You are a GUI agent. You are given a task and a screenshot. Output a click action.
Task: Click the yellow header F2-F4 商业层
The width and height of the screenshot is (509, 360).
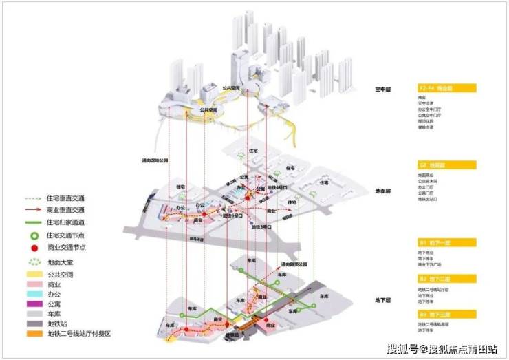[446, 89]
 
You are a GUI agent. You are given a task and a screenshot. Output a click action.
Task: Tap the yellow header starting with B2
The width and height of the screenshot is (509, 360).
[446, 279]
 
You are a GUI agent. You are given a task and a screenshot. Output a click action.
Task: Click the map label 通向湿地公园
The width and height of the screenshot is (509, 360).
[156, 160]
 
